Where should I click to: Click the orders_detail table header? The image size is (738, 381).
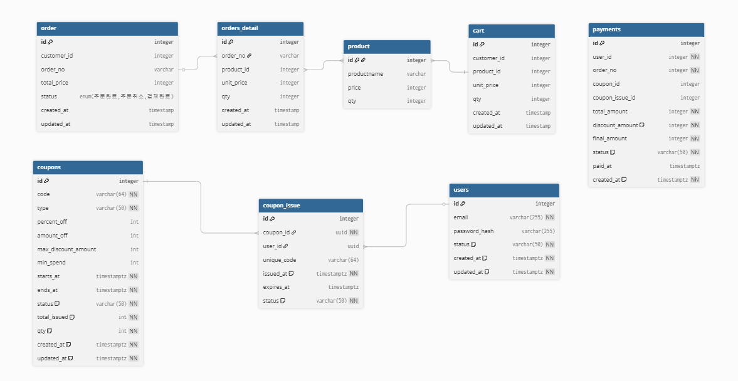260,28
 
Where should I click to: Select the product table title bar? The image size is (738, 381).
386,46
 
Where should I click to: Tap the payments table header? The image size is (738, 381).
646,29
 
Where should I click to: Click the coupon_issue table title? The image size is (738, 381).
310,205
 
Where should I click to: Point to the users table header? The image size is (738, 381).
503,190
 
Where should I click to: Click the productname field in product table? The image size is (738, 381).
366,74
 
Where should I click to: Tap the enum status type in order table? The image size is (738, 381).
126,97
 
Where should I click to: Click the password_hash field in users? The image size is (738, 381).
473,231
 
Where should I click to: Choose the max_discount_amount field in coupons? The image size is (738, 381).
66,249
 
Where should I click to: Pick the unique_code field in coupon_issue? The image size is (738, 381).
280,260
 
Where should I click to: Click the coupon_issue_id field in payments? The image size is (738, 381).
614,98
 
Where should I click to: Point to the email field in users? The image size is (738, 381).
461,217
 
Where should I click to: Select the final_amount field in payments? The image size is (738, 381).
609,138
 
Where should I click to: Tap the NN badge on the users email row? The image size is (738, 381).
550,217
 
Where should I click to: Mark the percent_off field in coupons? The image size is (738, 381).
52,222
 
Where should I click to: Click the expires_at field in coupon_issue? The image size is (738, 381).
277,287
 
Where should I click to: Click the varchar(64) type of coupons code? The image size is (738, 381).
111,194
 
